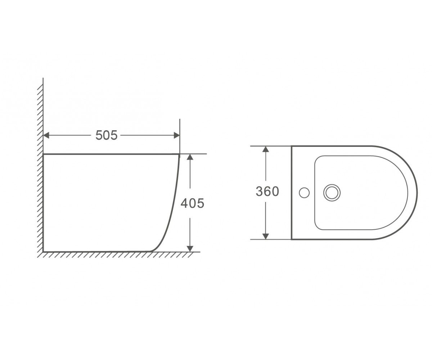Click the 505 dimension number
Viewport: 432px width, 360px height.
[106, 135]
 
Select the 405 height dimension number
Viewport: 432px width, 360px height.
[192, 203]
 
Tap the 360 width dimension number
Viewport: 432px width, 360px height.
[267, 192]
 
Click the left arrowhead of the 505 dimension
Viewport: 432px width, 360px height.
[46, 135]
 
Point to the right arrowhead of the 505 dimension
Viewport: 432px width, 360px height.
[177, 135]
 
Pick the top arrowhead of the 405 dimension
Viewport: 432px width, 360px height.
[190, 157]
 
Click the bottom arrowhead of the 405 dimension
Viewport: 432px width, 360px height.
[190, 249]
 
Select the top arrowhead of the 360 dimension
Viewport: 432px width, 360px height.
[266, 149]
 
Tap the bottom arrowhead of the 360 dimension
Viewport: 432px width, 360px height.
[266, 236]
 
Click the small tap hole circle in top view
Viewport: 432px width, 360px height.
[304, 193]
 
